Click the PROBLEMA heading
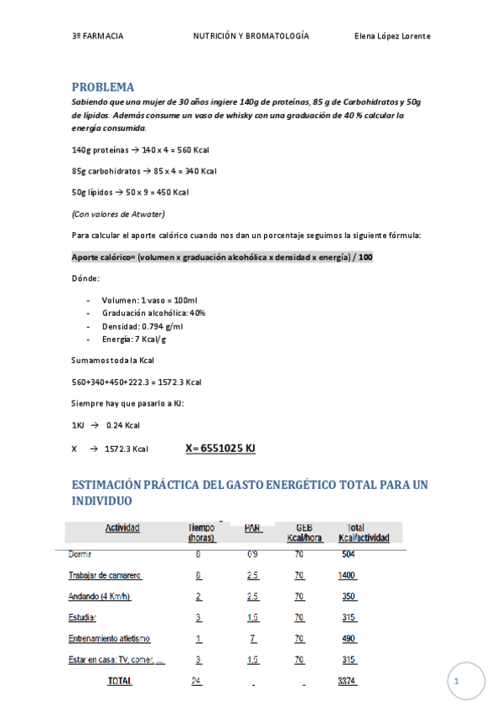tap(102, 86)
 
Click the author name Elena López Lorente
tap(392, 36)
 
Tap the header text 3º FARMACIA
tap(97, 36)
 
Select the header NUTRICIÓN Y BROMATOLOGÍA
tap(251, 36)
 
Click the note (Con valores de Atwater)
tap(118, 213)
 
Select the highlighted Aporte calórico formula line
tap(222, 257)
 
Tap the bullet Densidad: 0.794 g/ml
tap(142, 326)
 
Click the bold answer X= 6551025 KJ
tap(220, 449)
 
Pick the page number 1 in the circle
tap(457, 682)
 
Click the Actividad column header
tap(122, 528)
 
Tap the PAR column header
tap(253, 528)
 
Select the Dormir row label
tap(80, 554)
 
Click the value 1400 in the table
tap(347, 576)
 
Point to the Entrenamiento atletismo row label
tap(111, 639)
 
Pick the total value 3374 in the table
tap(347, 682)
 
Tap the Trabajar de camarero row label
tap(105, 576)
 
